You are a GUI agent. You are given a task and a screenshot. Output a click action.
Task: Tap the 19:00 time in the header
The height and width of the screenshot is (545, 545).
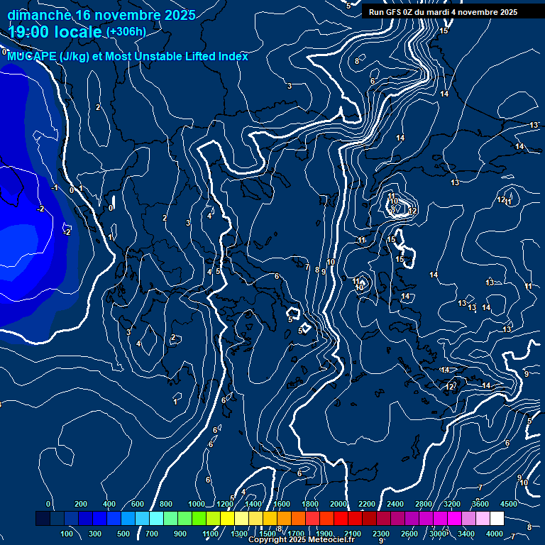(x=31, y=32)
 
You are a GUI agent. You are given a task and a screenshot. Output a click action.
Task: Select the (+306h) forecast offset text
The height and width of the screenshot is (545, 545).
(x=126, y=31)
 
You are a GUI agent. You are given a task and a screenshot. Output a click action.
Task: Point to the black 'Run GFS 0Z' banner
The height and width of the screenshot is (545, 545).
(x=443, y=12)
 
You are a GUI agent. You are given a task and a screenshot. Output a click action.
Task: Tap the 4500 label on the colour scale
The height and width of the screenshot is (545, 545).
(x=509, y=504)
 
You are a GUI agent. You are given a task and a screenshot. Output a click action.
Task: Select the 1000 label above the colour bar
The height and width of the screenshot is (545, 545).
(x=197, y=504)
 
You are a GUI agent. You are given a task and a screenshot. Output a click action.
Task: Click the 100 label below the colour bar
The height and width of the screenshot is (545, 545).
(x=67, y=534)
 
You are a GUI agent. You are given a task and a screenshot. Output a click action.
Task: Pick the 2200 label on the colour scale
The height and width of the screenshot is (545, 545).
(x=367, y=504)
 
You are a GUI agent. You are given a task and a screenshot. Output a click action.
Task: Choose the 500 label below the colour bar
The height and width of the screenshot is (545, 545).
(x=123, y=534)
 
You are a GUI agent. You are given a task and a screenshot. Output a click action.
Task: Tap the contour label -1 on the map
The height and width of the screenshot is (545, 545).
(x=55, y=188)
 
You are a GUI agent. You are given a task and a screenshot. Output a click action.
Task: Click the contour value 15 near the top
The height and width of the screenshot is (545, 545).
(x=444, y=31)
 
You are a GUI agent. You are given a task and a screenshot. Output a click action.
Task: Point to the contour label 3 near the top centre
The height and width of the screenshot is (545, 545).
(x=289, y=86)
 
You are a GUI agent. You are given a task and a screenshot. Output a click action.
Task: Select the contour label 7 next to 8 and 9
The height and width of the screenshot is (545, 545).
(x=307, y=268)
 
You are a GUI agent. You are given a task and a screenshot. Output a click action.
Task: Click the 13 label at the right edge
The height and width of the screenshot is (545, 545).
(x=534, y=125)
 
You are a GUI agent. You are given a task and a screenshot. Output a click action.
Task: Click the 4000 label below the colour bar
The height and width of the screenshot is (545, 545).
(x=495, y=534)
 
